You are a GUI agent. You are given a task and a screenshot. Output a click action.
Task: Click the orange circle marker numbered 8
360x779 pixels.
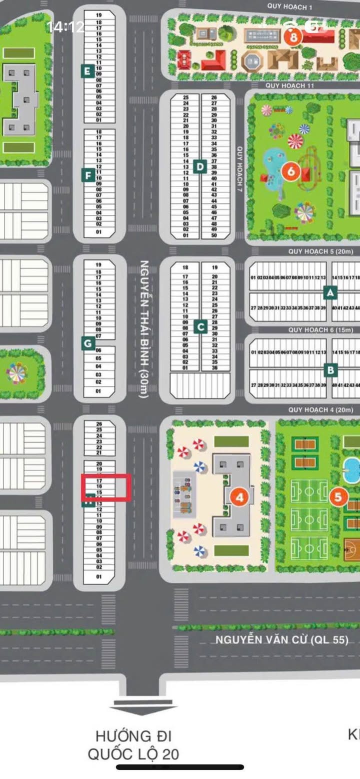293,36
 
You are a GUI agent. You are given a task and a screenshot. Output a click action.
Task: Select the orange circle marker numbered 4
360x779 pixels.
240,497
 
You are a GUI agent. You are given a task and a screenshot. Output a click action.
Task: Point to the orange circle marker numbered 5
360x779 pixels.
338,497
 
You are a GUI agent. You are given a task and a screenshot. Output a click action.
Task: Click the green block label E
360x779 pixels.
87,71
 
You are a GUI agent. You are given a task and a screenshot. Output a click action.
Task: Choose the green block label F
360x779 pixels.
87,175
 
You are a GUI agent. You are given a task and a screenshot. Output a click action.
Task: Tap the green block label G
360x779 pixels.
87,343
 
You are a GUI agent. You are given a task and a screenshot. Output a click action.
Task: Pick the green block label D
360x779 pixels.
200,166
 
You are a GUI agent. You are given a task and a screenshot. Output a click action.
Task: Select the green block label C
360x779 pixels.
200,327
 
